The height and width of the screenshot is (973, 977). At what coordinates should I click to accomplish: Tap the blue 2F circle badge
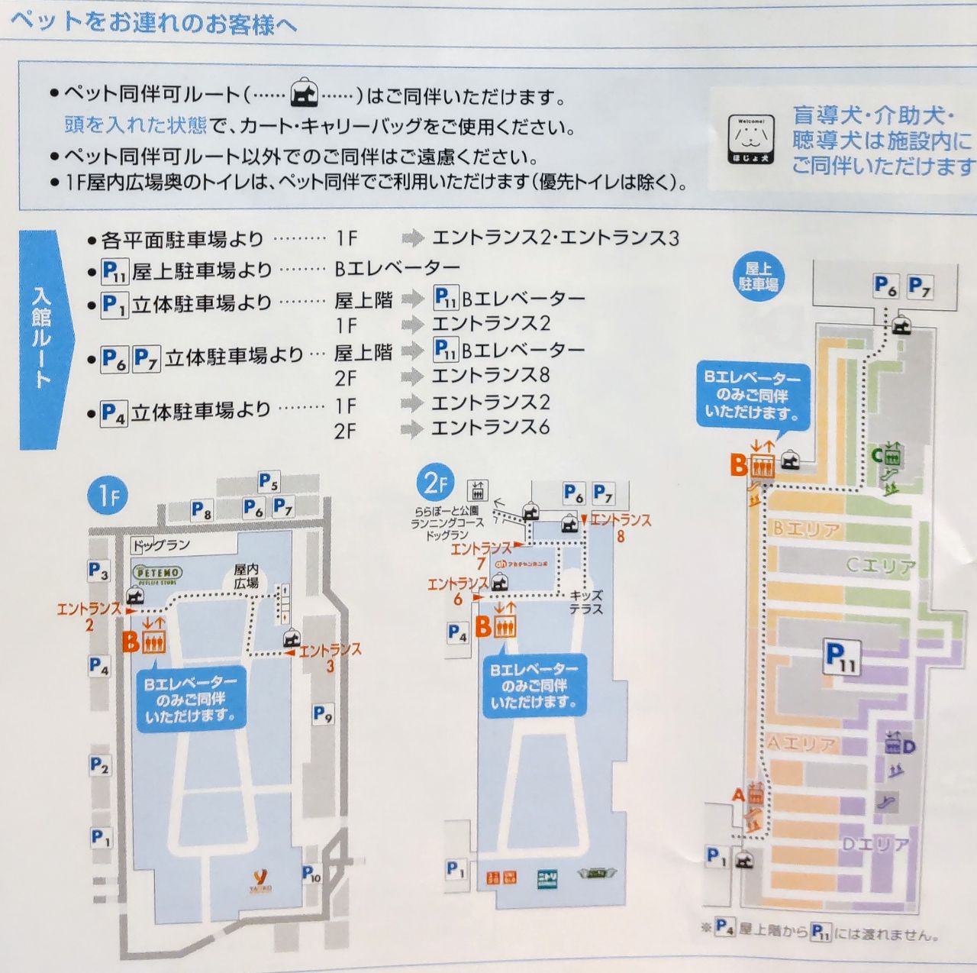434,483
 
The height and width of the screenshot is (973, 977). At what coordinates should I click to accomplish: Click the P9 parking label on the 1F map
323,715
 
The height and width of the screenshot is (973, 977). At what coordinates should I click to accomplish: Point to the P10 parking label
311,873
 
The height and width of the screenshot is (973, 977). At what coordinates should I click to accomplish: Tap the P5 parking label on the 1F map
268,482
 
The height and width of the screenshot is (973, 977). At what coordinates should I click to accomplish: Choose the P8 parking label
202,510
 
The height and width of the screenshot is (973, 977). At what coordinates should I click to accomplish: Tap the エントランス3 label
329,656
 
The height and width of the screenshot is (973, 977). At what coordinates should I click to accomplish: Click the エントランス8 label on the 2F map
620,527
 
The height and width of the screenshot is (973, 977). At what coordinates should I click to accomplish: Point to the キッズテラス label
586,602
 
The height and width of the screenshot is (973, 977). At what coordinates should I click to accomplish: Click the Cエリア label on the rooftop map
880,566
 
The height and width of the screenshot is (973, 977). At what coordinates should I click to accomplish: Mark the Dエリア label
874,845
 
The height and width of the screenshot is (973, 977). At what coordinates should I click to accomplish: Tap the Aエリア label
800,743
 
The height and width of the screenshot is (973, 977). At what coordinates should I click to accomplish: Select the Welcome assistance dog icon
750,139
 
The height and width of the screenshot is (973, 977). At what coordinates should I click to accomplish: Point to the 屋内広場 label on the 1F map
246,576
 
